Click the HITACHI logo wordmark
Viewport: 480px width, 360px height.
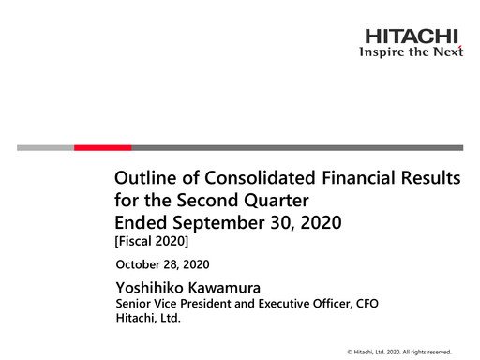(413, 37)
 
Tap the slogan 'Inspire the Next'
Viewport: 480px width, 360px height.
(412, 52)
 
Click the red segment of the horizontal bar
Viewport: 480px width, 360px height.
(102, 147)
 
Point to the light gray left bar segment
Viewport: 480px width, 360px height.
(45, 147)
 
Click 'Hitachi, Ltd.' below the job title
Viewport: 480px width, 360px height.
(147, 319)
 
